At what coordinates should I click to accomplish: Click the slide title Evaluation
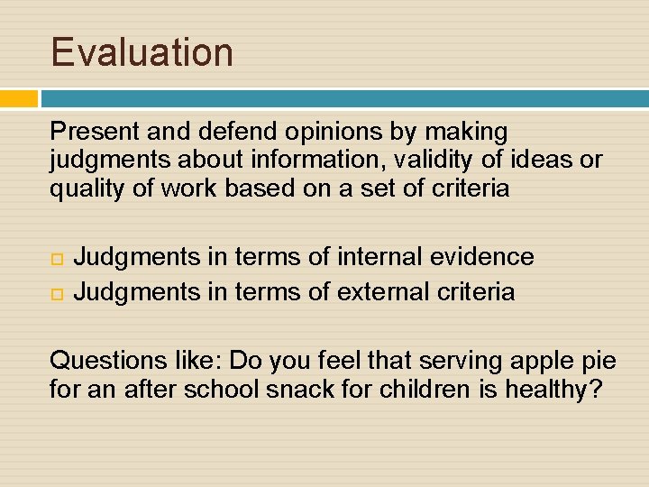(142, 51)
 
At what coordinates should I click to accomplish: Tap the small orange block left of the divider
(19, 98)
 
